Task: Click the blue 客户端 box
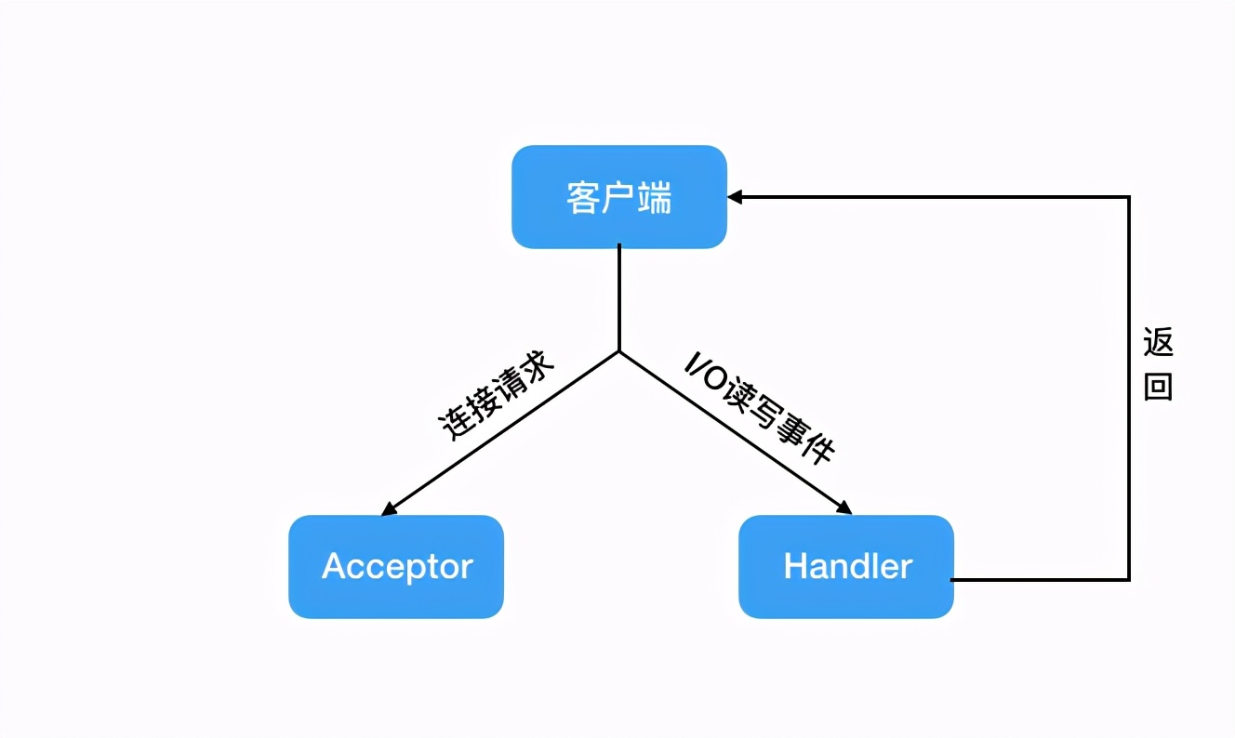pyautogui.click(x=618, y=196)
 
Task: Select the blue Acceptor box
pyautogui.click(x=396, y=566)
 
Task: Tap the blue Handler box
pyautogui.click(x=846, y=566)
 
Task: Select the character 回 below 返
pyautogui.click(x=1158, y=387)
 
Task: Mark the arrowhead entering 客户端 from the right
pyautogui.click(x=735, y=197)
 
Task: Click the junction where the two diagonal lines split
pyautogui.click(x=619, y=351)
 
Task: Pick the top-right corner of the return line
pyautogui.click(x=1129, y=197)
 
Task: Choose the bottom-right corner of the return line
pyautogui.click(x=1129, y=579)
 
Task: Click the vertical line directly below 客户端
pyautogui.click(x=619, y=297)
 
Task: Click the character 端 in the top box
pyautogui.click(x=655, y=197)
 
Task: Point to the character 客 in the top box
pyautogui.click(x=583, y=197)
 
